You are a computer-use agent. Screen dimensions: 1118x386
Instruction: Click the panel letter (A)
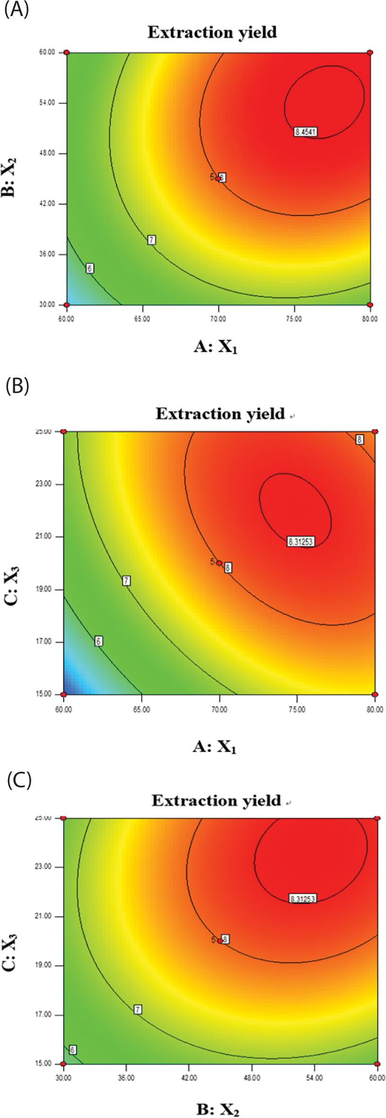pyautogui.click(x=17, y=10)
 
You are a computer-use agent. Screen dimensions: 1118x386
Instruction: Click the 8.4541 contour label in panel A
pyautogui.click(x=305, y=132)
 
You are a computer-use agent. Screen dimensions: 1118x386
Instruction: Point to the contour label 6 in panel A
pyautogui.click(x=89, y=269)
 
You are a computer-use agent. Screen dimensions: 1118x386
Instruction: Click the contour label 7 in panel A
pyautogui.click(x=151, y=240)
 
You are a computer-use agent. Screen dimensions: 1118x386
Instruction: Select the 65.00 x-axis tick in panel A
pyautogui.click(x=142, y=319)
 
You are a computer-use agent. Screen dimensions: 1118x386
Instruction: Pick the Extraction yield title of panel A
pyautogui.click(x=211, y=33)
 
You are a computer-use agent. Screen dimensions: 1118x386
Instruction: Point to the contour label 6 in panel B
pyautogui.click(x=98, y=641)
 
